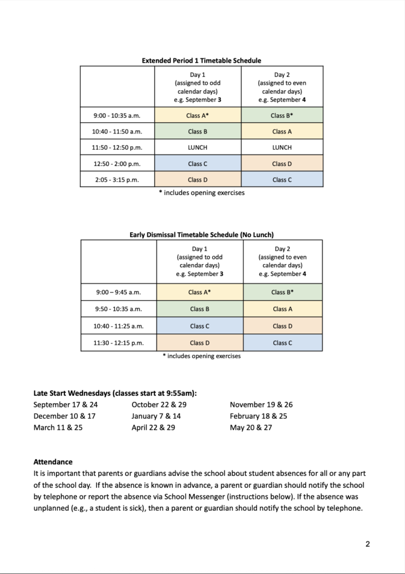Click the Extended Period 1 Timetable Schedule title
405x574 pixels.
click(x=201, y=61)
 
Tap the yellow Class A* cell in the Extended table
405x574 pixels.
click(x=198, y=115)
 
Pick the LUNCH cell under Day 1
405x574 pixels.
click(x=198, y=147)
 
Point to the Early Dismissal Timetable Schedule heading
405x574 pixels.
click(x=201, y=235)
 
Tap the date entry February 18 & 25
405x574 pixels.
click(x=259, y=416)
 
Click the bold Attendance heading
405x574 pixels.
click(x=53, y=462)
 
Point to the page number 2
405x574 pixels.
click(x=367, y=544)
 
